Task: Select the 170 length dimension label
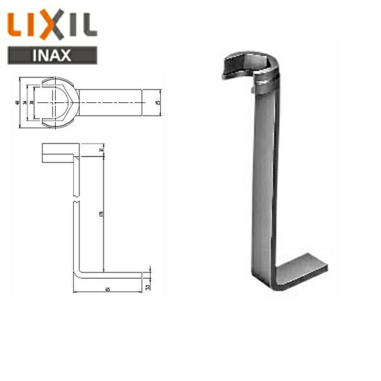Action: click(102, 216)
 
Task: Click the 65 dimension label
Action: click(108, 290)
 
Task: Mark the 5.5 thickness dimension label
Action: click(147, 286)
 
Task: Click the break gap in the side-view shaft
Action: click(76, 199)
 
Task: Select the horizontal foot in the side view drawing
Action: click(111, 276)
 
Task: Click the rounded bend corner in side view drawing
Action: click(77, 274)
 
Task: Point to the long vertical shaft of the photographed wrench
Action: click(264, 184)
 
